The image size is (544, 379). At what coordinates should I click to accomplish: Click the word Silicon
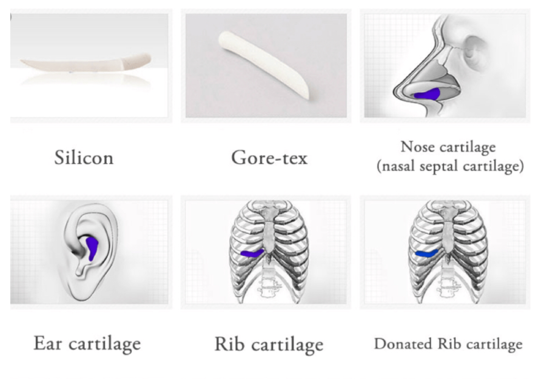[x=84, y=158]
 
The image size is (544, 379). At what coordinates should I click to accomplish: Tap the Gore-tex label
[x=269, y=158]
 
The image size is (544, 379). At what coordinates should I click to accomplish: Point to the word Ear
[x=47, y=343]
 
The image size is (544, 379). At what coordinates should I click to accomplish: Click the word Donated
[x=403, y=344]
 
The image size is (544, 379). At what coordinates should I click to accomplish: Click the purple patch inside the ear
[x=92, y=247]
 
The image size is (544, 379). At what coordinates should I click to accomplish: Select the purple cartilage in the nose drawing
[x=428, y=94]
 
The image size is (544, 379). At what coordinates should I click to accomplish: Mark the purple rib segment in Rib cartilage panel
[x=252, y=253]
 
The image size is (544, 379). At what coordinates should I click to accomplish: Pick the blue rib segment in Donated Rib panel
[x=426, y=253]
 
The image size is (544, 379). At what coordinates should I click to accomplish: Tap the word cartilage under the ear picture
[x=104, y=343]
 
